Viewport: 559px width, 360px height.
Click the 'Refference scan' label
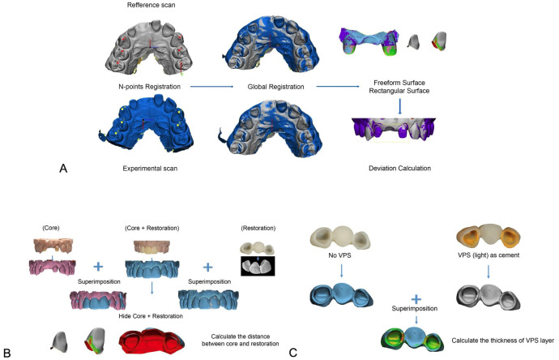[151, 6]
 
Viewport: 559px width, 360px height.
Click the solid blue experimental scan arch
[151, 128]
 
